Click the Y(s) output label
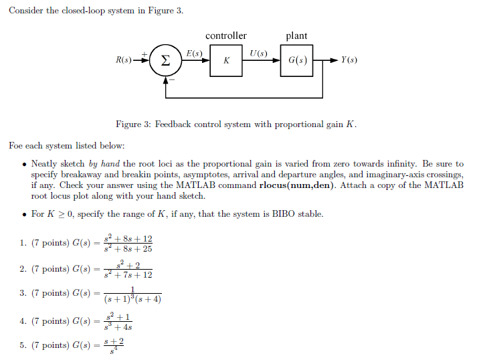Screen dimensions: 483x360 click(349, 60)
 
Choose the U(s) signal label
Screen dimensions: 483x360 click(258, 53)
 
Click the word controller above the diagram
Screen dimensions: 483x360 click(226, 35)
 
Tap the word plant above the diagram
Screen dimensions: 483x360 click(296, 36)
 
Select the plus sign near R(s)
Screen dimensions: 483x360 click(144, 52)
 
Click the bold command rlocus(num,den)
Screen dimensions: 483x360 click(296, 185)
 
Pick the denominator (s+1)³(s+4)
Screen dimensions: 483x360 click(132, 299)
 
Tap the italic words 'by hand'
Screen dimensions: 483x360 click(104, 164)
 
